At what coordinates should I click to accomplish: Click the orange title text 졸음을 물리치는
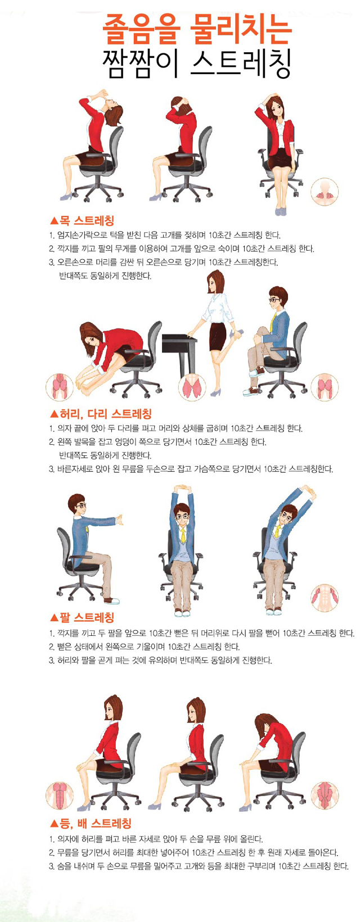tap(197, 30)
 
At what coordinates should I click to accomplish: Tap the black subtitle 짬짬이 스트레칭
tap(197, 64)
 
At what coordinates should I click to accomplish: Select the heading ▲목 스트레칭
tap(82, 220)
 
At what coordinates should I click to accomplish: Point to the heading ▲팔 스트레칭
tap(82, 617)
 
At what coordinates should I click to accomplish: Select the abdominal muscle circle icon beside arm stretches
tap(324, 597)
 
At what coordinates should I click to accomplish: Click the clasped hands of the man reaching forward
tap(119, 520)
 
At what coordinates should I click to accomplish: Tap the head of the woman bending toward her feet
tap(92, 337)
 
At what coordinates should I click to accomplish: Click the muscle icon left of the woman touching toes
tap(60, 386)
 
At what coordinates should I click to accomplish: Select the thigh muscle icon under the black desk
tap(192, 386)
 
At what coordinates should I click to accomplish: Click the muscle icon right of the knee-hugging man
tap(324, 386)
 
